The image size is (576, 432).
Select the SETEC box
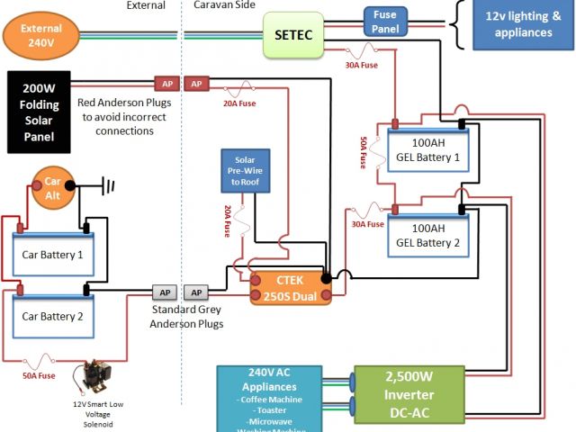pos(292,34)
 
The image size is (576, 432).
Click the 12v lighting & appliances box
pos(517,25)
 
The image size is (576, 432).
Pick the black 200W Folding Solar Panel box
pos(40,112)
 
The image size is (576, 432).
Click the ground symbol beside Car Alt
pos(109,187)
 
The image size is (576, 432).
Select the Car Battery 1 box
pos(53,254)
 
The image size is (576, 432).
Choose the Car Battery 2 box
pos(53,316)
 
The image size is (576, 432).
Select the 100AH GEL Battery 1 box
pos(427,149)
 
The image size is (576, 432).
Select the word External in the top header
pos(146,5)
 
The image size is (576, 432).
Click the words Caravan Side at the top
pos(225,5)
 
